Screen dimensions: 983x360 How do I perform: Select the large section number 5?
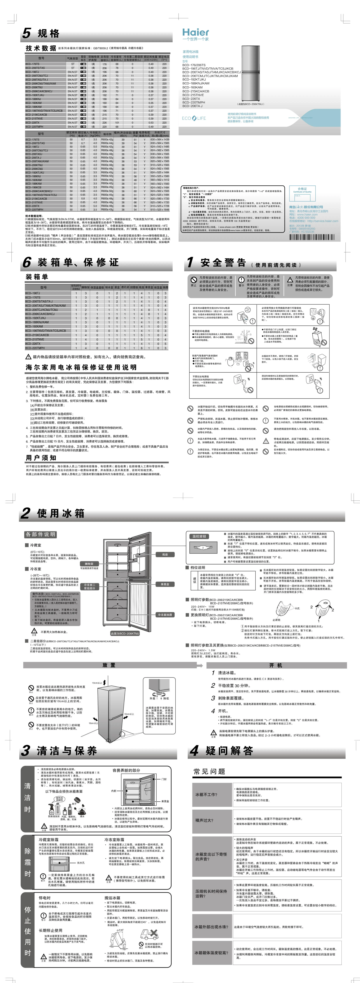click(x=26, y=33)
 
